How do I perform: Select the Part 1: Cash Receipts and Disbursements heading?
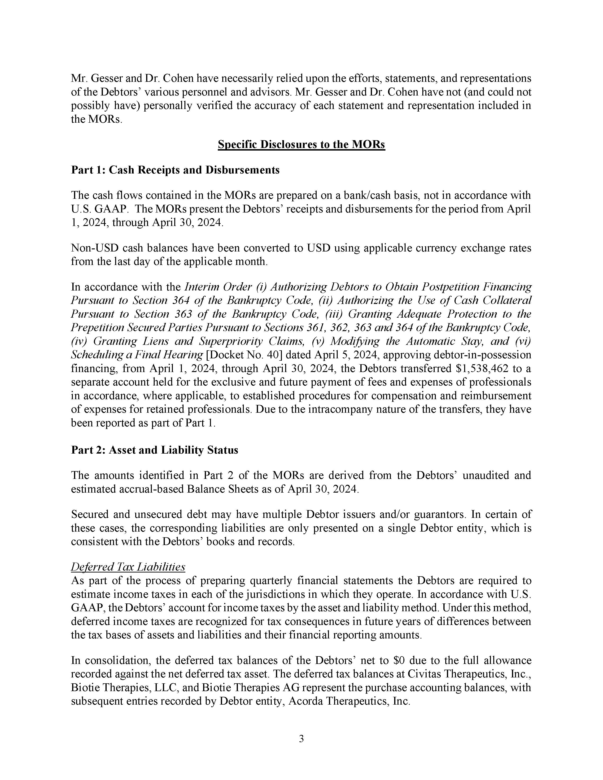pos(175,170)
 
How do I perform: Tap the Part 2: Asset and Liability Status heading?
pos(154,450)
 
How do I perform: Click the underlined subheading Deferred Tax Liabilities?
pos(128,567)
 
